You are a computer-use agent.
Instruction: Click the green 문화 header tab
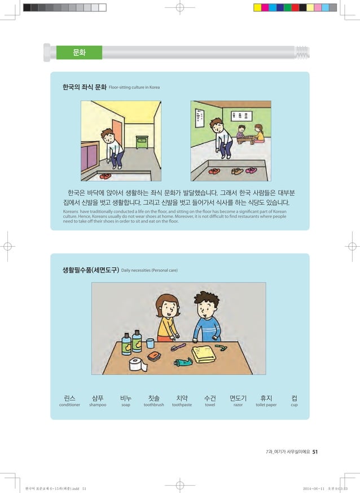pos(79,53)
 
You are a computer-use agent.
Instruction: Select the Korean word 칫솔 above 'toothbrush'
pos(153,397)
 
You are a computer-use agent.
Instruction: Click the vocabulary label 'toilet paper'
pos(266,405)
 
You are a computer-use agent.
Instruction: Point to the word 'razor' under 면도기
pos(238,405)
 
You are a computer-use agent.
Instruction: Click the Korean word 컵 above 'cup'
pos(294,397)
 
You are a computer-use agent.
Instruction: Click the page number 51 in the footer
pos(315,451)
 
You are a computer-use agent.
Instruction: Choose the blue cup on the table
pos(150,343)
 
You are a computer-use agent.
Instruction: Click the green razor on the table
pos(223,347)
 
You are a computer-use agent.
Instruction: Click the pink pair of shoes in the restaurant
pos(251,170)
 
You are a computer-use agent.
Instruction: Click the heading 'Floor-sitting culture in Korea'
pos(134,88)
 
